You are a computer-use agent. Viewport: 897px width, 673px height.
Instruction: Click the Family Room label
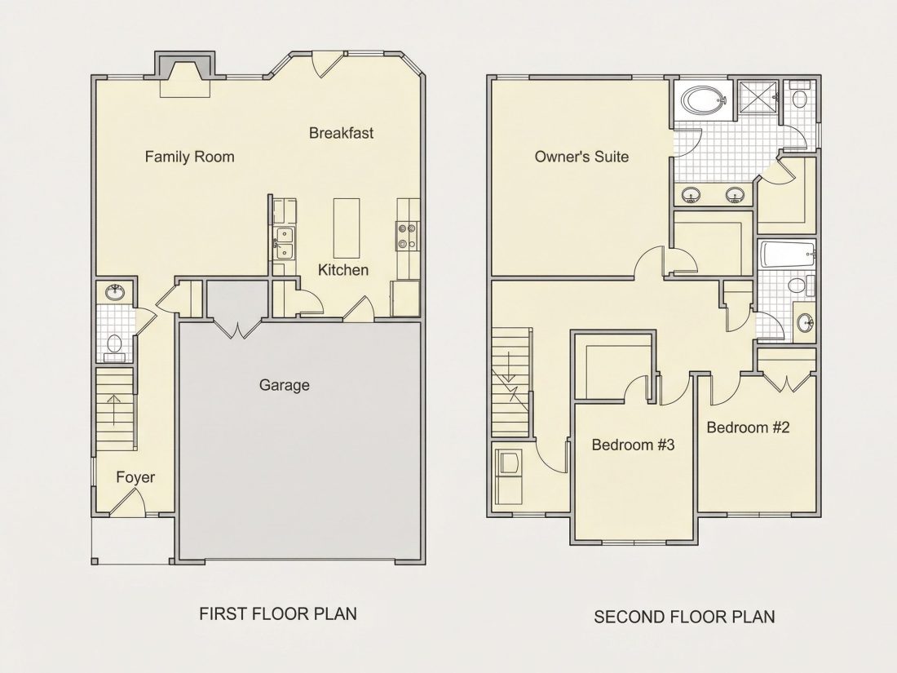coord(189,157)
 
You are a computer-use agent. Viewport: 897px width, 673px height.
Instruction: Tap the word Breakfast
coord(341,133)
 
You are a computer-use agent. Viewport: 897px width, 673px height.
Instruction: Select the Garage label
coord(285,385)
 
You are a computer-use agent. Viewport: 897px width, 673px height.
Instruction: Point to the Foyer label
coord(135,478)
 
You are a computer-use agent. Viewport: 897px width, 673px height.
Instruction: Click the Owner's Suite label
coord(581,157)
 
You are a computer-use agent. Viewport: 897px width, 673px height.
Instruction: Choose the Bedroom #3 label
coord(633,445)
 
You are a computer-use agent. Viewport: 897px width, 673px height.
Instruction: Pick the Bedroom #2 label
coord(748,427)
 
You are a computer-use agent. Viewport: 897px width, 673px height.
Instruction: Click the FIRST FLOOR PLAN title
coord(278,614)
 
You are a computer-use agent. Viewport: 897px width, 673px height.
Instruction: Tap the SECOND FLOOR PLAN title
coord(684,617)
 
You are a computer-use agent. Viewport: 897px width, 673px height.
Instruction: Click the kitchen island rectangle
coord(347,228)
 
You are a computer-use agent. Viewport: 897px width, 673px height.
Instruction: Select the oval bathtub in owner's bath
coord(705,100)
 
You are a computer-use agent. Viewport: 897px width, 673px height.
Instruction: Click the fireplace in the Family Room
coord(184,73)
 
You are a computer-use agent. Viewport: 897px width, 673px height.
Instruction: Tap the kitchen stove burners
coord(407,237)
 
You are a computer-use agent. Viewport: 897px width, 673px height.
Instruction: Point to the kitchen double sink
coord(285,243)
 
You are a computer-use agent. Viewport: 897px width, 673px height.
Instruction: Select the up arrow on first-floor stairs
coord(114,410)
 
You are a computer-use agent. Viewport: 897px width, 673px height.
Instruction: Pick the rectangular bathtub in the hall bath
coord(787,254)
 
